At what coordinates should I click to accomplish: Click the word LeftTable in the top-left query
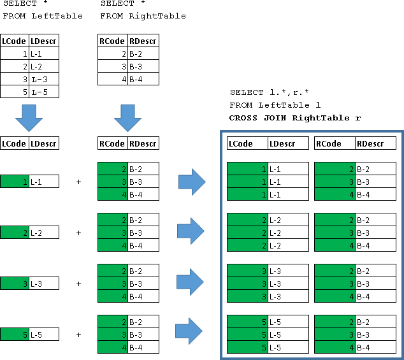(x=57, y=16)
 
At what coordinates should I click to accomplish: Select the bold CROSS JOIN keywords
(x=258, y=118)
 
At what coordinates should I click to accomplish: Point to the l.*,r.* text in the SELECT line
(x=284, y=92)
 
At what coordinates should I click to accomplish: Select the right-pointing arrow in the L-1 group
(x=192, y=182)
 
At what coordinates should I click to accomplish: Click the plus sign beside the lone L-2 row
(x=79, y=233)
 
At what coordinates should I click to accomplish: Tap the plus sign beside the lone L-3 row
(x=79, y=284)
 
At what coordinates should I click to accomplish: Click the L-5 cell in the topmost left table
(x=44, y=92)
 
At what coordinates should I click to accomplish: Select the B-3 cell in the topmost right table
(x=143, y=66)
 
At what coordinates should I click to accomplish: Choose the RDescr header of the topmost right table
(x=143, y=41)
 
